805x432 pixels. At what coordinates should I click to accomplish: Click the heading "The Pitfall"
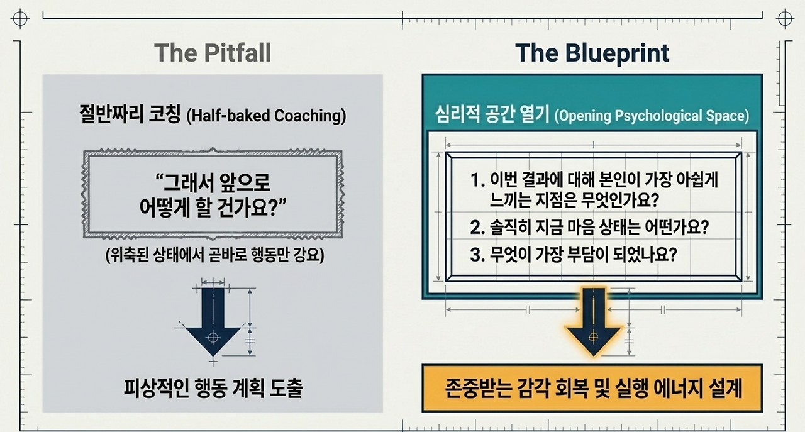(x=213, y=53)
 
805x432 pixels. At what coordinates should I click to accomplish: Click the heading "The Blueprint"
(x=592, y=53)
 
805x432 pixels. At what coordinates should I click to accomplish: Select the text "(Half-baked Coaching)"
(x=266, y=116)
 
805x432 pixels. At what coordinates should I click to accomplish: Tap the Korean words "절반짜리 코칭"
(x=130, y=114)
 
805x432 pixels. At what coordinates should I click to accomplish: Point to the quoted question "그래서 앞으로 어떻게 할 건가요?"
(x=213, y=195)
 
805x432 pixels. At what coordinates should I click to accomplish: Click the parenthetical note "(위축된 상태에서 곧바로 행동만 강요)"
(x=215, y=255)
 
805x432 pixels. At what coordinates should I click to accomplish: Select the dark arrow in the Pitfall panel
(x=213, y=322)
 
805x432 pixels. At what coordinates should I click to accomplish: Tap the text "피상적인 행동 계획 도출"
(x=213, y=388)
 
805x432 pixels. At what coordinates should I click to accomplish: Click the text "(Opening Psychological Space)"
(x=652, y=116)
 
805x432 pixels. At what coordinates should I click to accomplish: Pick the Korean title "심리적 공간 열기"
(x=492, y=114)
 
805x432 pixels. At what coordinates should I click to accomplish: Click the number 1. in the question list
(x=477, y=179)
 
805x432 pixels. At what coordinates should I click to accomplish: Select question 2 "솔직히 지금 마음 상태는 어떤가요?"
(x=589, y=227)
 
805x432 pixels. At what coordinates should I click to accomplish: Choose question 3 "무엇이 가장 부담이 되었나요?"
(x=574, y=255)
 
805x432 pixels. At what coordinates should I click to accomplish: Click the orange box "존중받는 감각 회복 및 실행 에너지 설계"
(x=592, y=388)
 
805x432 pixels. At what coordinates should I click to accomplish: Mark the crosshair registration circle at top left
(x=20, y=18)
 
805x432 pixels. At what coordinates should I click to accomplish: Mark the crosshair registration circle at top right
(x=785, y=18)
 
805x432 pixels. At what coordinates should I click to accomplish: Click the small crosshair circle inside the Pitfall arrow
(x=213, y=338)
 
